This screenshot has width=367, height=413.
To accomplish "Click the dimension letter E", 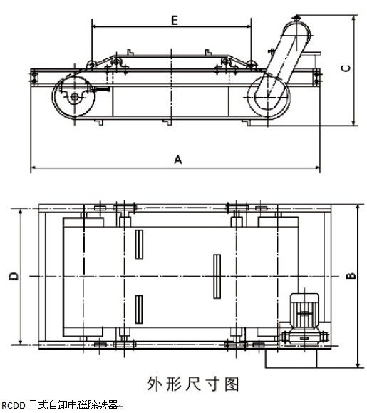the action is click(175, 20).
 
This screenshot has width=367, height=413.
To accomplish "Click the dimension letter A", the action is click(178, 160).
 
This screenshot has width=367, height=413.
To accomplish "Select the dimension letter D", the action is click(14, 276).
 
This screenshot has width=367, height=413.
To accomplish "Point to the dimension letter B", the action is click(351, 275).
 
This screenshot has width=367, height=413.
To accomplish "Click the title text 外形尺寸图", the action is click(193, 384).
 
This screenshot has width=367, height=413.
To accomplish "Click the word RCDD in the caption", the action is click(13, 405).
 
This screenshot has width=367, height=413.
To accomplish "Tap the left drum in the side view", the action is click(73, 96).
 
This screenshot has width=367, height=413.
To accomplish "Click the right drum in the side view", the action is click(268, 97).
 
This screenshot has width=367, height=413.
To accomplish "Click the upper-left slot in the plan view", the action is click(139, 244).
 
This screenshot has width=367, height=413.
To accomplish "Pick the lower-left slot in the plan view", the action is click(139, 310).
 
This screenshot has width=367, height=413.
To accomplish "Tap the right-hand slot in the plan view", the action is click(217, 276).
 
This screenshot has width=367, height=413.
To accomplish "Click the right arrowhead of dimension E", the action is click(249, 26).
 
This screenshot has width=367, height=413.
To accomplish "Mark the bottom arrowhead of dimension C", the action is click(354, 123).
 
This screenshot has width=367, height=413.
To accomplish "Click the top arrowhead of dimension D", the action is click(21, 213).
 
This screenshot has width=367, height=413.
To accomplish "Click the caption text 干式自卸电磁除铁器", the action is click(73, 405).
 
